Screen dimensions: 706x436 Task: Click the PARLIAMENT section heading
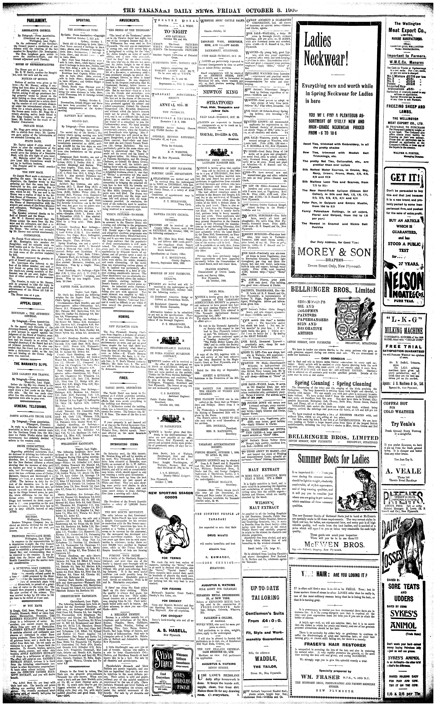tap(37, 21)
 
